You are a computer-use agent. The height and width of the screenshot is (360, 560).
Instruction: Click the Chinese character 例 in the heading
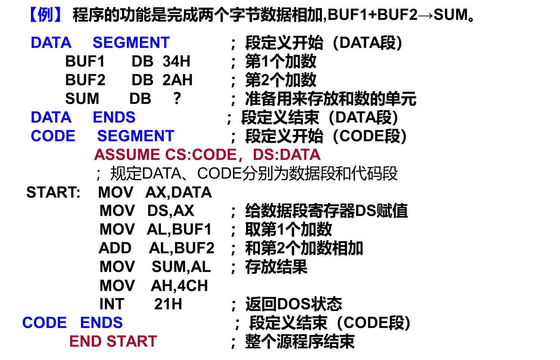[46, 15]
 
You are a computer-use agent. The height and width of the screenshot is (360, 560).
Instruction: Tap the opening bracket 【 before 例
[34, 15]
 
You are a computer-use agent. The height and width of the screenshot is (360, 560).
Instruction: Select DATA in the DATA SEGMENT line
[51, 43]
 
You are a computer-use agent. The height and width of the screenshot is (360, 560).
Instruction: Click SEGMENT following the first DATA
[131, 43]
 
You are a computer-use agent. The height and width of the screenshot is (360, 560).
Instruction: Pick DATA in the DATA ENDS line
[51, 118]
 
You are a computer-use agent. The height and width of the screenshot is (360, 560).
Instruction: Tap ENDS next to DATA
[114, 118]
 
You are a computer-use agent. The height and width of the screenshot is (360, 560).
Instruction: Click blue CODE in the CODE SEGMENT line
[53, 136]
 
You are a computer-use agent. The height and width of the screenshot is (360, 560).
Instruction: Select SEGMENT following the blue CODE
[136, 136]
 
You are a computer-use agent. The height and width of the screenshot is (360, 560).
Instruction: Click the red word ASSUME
[127, 155]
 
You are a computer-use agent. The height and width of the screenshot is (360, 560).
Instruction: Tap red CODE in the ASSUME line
[214, 155]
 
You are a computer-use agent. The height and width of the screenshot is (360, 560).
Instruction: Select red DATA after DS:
[300, 155]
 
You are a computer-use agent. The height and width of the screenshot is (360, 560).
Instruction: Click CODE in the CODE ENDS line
[44, 323]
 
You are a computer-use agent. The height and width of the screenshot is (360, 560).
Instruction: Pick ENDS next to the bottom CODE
[101, 323]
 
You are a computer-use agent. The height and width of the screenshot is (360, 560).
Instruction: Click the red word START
[132, 342]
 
